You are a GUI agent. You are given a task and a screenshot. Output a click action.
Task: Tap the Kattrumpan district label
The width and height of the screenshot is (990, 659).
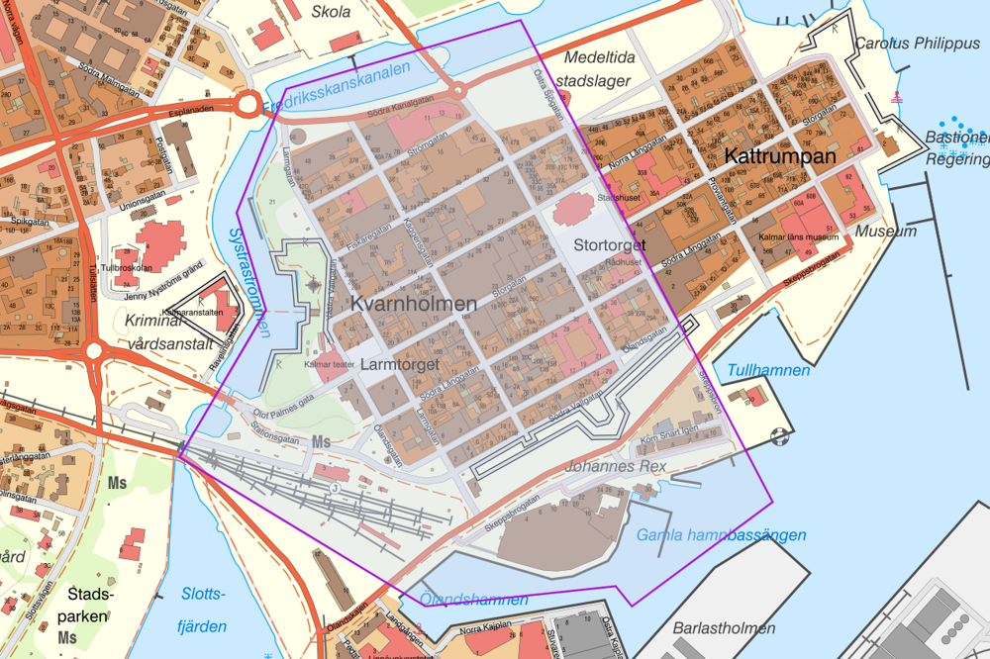pyautogui.click(x=780, y=156)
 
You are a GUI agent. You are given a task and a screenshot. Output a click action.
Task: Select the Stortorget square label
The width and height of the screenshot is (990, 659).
pyautogui.click(x=610, y=243)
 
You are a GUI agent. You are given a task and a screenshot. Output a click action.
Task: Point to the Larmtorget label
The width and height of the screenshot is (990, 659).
pyautogui.click(x=400, y=365)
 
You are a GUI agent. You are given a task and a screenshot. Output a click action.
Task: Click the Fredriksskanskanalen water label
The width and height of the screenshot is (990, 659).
pyautogui.click(x=337, y=89)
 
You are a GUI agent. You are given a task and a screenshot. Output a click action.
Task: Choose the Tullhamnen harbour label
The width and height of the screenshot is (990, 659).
pyautogui.click(x=767, y=370)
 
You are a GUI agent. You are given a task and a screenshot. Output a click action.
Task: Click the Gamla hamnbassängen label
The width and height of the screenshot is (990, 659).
pyautogui.click(x=721, y=535)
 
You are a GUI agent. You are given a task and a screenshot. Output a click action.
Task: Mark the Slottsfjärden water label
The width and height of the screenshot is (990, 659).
pyautogui.click(x=204, y=610)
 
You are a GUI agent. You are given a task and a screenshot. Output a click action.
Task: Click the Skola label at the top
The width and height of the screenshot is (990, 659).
pyautogui.click(x=331, y=12)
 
